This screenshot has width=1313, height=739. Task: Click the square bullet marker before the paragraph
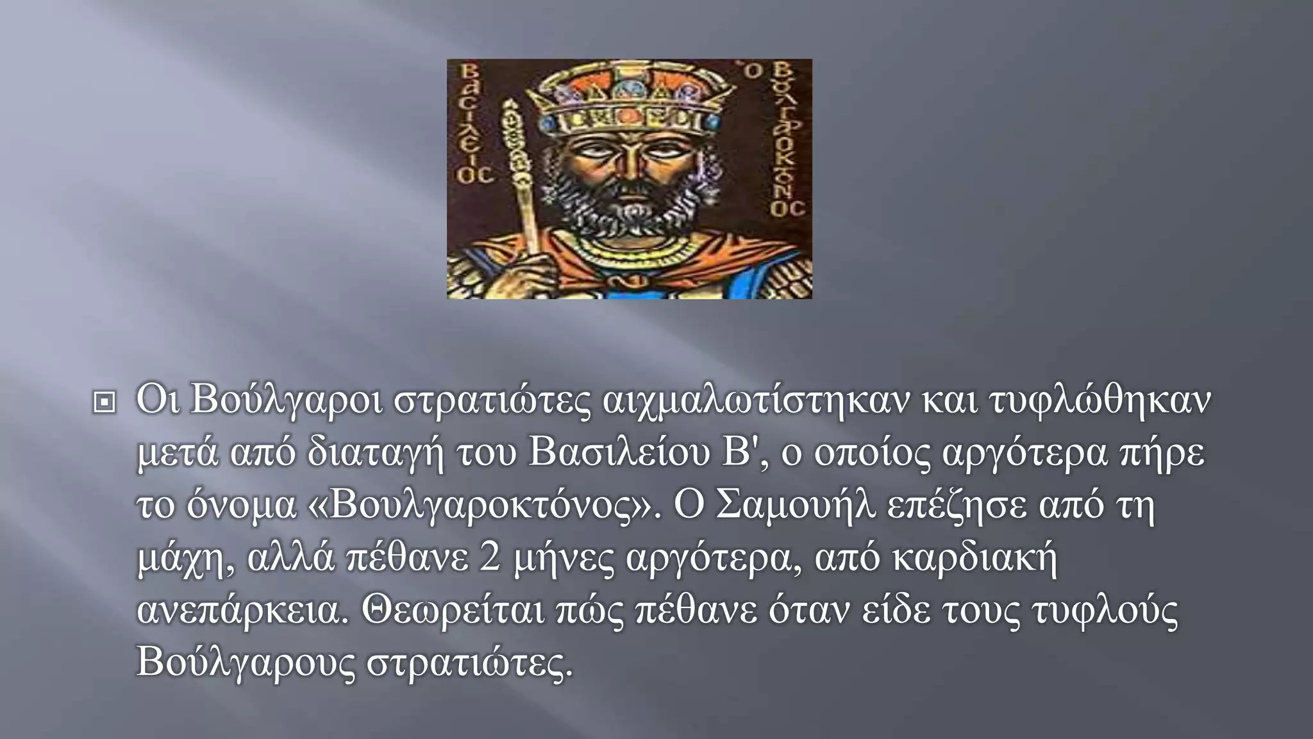[x=105, y=403]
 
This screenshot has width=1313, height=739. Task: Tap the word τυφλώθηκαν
[x=1100, y=400]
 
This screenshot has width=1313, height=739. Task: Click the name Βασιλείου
[x=620, y=453]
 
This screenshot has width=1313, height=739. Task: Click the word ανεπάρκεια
[x=243, y=611]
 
